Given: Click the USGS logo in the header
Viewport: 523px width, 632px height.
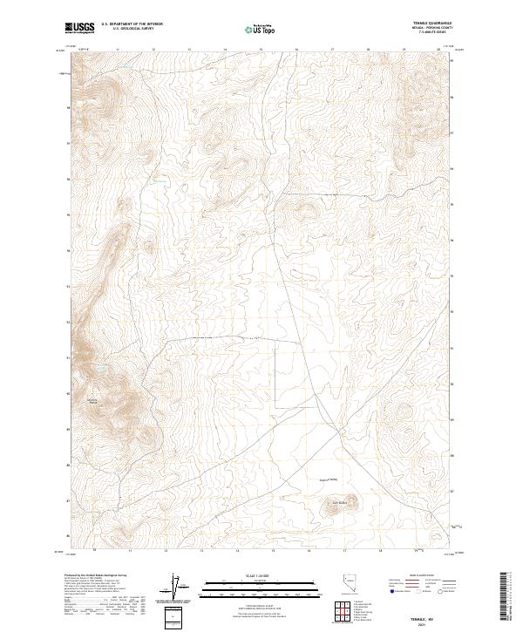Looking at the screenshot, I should click(x=80, y=29).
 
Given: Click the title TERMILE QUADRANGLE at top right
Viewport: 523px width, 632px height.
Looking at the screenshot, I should click(x=432, y=24).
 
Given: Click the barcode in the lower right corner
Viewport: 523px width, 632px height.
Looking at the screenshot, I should click(x=506, y=601).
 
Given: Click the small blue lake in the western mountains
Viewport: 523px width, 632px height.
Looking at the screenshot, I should click(x=101, y=369).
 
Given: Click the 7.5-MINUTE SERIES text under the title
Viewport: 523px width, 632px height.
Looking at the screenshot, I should click(x=432, y=32).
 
